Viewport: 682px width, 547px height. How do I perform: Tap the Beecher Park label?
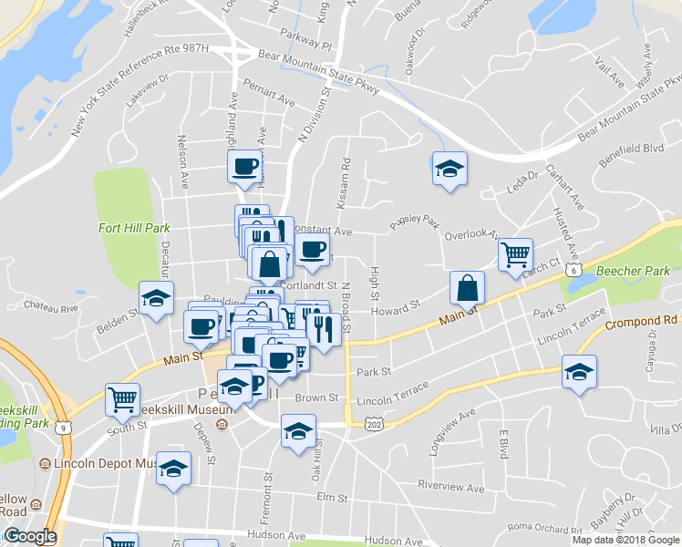pyautogui.click(x=633, y=271)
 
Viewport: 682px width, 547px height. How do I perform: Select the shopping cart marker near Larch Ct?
pyautogui.click(x=515, y=254)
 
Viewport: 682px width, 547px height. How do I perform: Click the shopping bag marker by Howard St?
pyautogui.click(x=467, y=288)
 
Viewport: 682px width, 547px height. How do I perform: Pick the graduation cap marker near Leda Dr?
pyautogui.click(x=449, y=169)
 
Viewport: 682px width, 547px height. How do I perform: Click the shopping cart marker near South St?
pyautogui.click(x=123, y=398)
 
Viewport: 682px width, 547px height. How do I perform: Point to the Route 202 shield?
pyautogui.click(x=373, y=424)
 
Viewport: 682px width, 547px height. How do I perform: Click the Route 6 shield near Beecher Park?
pyautogui.click(x=572, y=270)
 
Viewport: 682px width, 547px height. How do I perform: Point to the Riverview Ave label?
pyautogui.click(x=451, y=487)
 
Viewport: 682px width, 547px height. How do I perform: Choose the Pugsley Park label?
pyautogui.click(x=415, y=222)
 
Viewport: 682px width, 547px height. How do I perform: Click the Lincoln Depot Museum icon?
pyautogui.click(x=44, y=464)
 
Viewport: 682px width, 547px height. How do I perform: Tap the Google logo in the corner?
pyautogui.click(x=29, y=536)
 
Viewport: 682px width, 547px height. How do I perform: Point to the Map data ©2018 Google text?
pyautogui.click(x=625, y=540)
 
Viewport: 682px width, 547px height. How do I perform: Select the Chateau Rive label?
pyautogui.click(x=51, y=306)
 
